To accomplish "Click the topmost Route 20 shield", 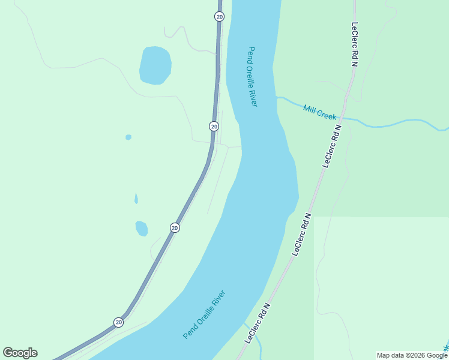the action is [x=219, y=17].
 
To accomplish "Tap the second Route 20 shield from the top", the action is [x=214, y=126].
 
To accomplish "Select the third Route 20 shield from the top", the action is [x=175, y=227].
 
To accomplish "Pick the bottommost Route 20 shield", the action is [x=119, y=322].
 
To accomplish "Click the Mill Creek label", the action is [x=319, y=112].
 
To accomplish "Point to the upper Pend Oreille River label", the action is [x=253, y=77].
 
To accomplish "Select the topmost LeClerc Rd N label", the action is [x=355, y=45].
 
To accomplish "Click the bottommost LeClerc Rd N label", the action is [x=258, y=322].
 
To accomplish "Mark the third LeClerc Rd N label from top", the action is [x=302, y=234].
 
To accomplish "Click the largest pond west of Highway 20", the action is [x=155, y=65].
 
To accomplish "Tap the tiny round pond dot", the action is [x=128, y=137].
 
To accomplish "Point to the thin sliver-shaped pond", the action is [x=136, y=199].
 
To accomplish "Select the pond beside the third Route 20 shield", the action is [x=142, y=229].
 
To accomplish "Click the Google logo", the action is [x=20, y=353].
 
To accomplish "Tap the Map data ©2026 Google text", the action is [x=412, y=355].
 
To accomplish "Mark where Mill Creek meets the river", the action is [x=277, y=96].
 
